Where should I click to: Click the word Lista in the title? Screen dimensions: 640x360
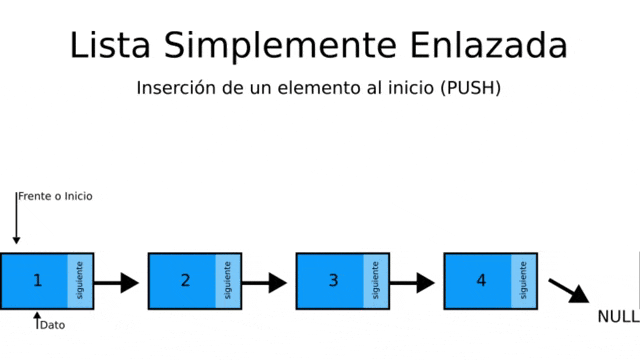pyautogui.click(x=110, y=45)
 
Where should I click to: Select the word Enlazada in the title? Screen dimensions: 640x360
pyautogui.click(x=489, y=45)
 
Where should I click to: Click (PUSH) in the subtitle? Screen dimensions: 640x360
pyautogui.click(x=471, y=88)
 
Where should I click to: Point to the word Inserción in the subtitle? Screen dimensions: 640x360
pyautogui.click(x=176, y=87)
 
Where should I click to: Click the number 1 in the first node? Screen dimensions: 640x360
pyautogui.click(x=38, y=280)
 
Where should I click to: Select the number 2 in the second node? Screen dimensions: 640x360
pyautogui.click(x=185, y=280)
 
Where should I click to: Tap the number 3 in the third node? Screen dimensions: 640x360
pyautogui.click(x=333, y=280)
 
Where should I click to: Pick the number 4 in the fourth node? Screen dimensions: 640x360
pyautogui.click(x=481, y=280)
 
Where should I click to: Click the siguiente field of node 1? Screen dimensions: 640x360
pyautogui.click(x=80, y=281)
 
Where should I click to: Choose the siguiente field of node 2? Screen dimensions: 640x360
pyautogui.click(x=228, y=281)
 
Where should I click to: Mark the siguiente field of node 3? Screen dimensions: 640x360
pyautogui.click(x=376, y=281)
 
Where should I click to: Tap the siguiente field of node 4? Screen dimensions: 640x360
pyautogui.click(x=524, y=281)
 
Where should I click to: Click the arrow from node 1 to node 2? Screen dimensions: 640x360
pyautogui.click(x=116, y=283)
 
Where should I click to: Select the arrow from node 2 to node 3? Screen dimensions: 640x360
pyautogui.click(x=264, y=283)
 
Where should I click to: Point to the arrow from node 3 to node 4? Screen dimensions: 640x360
pyautogui.click(x=412, y=283)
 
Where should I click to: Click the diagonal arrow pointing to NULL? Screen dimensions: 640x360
pyautogui.click(x=569, y=291)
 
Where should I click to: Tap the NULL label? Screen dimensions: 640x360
pyautogui.click(x=618, y=317)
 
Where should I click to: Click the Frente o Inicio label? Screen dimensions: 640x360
pyautogui.click(x=56, y=196)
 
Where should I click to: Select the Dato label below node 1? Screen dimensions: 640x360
pyautogui.click(x=53, y=325)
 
